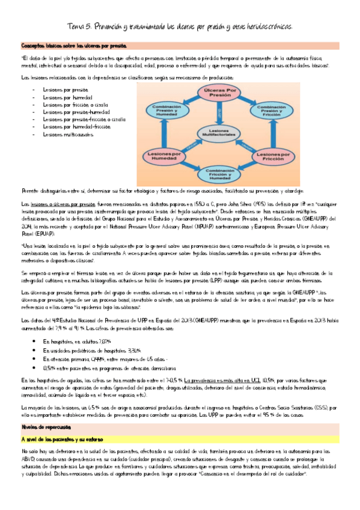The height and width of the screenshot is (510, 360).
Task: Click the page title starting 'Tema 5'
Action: click(180, 27)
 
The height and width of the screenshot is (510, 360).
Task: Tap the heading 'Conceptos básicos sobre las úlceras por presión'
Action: click(73, 46)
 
